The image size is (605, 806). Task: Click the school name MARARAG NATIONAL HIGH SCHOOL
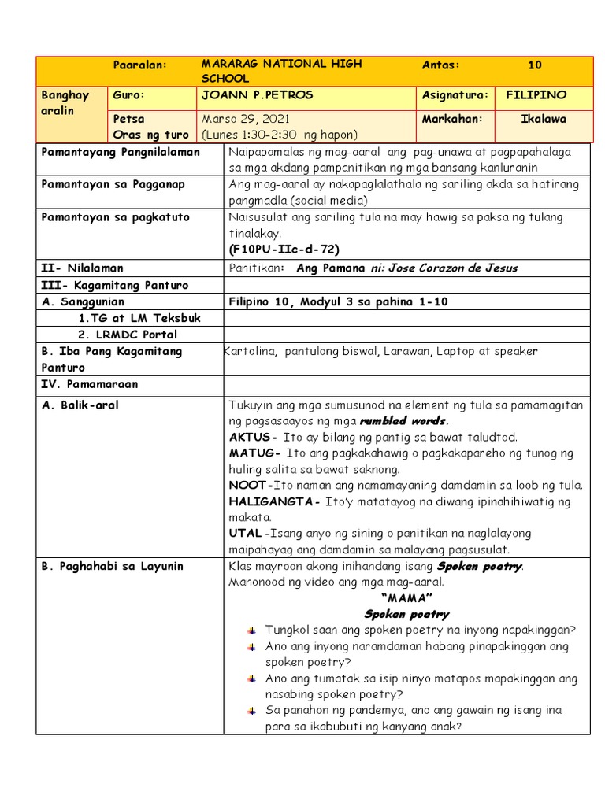pos(281,71)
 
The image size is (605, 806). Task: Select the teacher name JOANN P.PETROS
pos(257,95)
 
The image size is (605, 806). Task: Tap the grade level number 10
pos(535,65)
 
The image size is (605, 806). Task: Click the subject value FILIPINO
pos(536,95)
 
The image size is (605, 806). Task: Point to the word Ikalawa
pos(543,119)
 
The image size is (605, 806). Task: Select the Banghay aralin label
pos(65,102)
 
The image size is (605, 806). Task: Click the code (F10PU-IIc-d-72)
pos(284,250)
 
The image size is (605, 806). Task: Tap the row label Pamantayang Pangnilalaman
pos(121,152)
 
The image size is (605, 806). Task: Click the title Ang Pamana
pos(331,268)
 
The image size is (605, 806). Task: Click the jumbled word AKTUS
pos(251,437)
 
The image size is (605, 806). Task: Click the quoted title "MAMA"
pos(406,598)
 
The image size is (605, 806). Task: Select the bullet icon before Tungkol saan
pos(251,630)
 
